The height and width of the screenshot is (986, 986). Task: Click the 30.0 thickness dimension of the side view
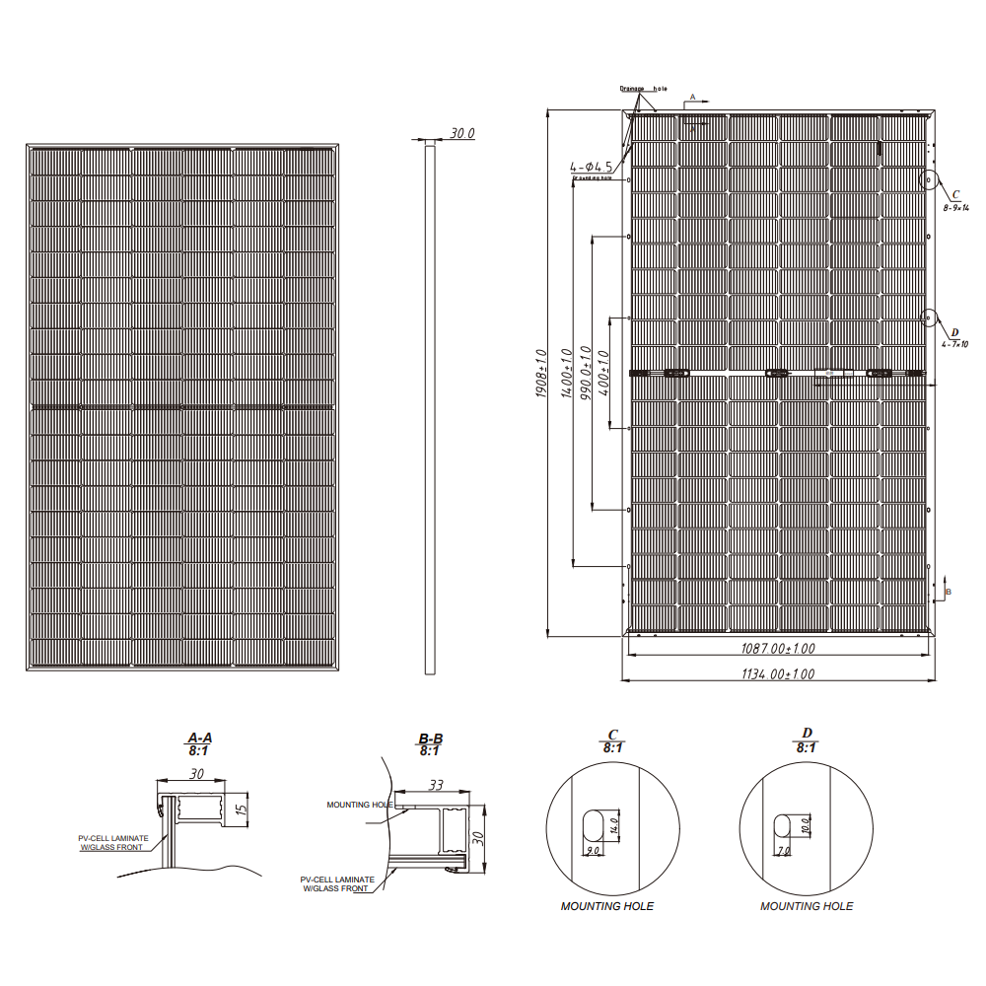coord(462,133)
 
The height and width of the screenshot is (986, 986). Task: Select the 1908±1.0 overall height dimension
coord(541,373)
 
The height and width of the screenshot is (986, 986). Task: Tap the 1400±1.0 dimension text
coord(566,373)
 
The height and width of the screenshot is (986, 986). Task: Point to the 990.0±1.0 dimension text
coord(586,373)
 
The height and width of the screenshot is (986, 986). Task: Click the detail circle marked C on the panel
coord(929,180)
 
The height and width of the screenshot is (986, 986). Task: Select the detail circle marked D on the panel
coord(929,317)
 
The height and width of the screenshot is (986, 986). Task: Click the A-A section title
coord(199,738)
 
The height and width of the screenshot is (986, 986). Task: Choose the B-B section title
coord(430,739)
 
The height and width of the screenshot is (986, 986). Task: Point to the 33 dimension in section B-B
coord(435,785)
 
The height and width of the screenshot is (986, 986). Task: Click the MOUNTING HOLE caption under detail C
coord(606,906)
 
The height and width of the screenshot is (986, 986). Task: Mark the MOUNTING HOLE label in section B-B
coord(359,805)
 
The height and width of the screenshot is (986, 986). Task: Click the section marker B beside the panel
coord(948,591)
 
